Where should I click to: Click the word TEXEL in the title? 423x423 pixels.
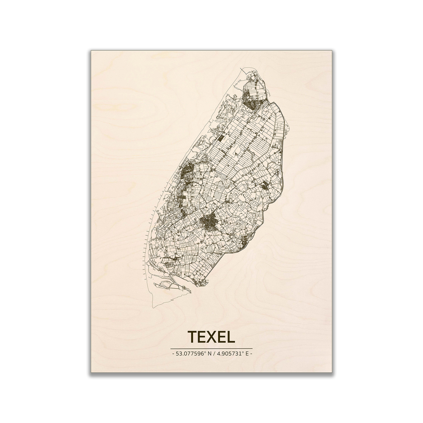tap(211, 337)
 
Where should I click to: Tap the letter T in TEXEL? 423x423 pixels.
tap(192, 337)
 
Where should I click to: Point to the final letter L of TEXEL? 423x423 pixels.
tap(230, 337)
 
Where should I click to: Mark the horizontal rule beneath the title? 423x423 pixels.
tap(211, 348)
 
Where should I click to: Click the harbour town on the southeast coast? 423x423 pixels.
tap(243, 242)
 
